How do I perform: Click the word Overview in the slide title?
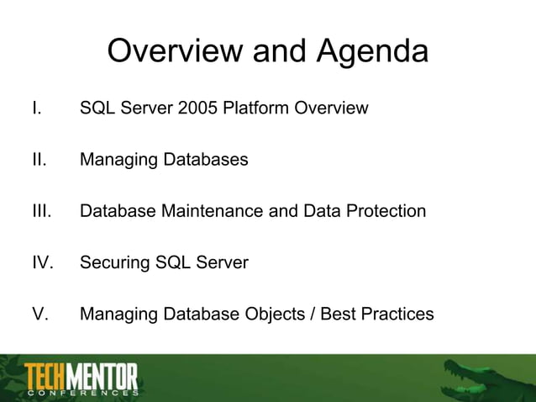172,52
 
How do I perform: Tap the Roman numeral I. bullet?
35,108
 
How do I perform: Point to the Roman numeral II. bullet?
38,159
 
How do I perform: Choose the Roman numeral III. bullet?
40,211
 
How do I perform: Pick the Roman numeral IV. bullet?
42,262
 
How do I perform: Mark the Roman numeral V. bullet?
39,315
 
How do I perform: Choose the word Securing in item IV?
114,262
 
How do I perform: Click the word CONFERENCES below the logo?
83,393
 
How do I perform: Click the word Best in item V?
334,315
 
